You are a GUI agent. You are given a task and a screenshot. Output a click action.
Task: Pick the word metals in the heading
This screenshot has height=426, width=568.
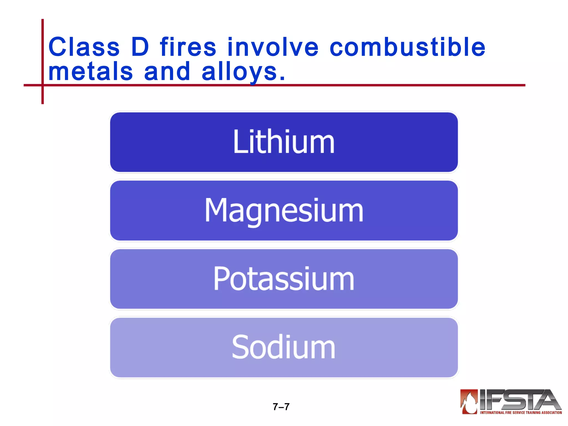tap(90, 72)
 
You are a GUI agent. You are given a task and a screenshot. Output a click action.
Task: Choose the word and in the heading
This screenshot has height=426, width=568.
tap(167, 72)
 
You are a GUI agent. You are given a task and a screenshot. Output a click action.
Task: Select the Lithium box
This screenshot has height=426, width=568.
tap(284, 142)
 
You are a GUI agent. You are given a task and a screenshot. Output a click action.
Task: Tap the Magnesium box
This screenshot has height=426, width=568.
tap(284, 211)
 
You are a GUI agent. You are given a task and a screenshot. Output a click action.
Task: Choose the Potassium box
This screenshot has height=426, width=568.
tap(284, 279)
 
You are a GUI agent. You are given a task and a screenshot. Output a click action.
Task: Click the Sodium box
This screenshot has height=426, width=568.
tap(284, 347)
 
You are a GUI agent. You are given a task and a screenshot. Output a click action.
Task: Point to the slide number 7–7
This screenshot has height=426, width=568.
tap(281, 407)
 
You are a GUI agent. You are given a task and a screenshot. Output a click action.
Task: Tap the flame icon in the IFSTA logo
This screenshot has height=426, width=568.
tap(469, 402)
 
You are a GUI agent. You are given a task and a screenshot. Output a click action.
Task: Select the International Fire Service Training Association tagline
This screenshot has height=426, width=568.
tap(521, 413)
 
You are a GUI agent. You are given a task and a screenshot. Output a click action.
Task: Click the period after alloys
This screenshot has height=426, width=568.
tap(282, 79)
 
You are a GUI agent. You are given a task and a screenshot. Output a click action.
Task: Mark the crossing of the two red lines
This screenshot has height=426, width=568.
tap(42, 85)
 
